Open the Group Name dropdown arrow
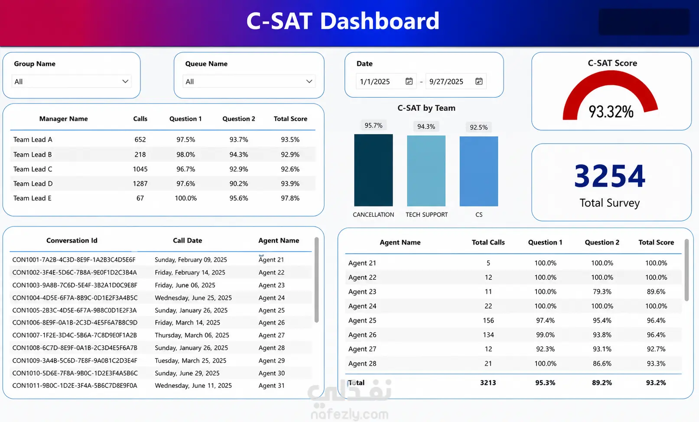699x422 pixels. coord(125,81)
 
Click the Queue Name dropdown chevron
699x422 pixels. coord(309,81)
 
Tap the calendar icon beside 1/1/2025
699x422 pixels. coord(409,81)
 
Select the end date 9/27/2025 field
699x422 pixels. coord(446,82)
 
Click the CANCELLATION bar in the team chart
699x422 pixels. coord(373,170)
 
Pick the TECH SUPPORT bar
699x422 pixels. coord(426,171)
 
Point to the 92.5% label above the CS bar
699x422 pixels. coord(478,127)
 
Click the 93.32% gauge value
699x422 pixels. coord(611,112)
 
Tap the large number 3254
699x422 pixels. coord(609,176)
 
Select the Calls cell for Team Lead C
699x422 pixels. coord(140,169)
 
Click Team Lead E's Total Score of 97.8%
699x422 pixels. coord(290,198)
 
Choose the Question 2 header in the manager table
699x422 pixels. coord(239,119)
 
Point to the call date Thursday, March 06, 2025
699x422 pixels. coord(192,335)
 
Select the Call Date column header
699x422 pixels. coord(187,240)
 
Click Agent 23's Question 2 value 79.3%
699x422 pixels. coord(602,291)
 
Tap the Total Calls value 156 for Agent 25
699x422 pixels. coord(488,320)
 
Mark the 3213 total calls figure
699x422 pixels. coord(488,383)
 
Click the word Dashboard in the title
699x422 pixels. coord(380,21)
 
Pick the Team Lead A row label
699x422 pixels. coord(33,140)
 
